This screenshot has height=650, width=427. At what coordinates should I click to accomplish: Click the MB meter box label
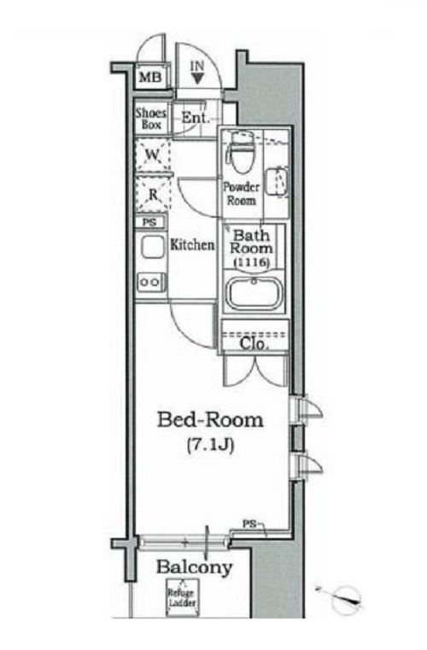(150, 77)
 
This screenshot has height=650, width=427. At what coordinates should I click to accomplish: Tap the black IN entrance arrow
(197, 79)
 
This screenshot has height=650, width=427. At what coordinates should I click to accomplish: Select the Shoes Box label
(151, 119)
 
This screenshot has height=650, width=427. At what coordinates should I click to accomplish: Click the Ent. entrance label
(196, 118)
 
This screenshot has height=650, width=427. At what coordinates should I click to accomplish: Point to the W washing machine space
(153, 155)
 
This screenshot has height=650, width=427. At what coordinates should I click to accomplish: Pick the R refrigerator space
(153, 194)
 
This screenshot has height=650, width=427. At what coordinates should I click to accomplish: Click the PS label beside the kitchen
(149, 222)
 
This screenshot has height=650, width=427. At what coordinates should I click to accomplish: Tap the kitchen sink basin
(152, 247)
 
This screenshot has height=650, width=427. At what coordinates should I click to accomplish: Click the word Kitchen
(193, 244)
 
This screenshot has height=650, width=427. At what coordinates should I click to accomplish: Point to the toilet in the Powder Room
(241, 153)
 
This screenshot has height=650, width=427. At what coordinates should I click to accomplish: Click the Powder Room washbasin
(277, 182)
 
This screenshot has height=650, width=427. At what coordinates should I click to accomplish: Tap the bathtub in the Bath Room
(254, 294)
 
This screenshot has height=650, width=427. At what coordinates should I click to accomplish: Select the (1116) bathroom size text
(252, 262)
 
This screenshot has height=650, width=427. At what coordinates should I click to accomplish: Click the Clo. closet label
(254, 343)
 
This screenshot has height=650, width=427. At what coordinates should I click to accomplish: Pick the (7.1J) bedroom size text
(211, 444)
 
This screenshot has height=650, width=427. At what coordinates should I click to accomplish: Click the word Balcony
(194, 567)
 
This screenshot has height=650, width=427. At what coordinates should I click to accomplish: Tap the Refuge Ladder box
(183, 598)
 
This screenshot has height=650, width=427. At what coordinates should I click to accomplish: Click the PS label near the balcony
(249, 524)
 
